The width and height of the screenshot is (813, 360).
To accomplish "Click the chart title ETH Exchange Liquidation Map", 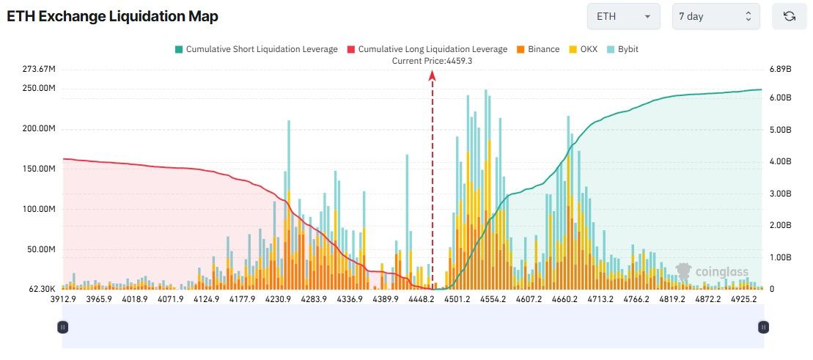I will tap(112, 16).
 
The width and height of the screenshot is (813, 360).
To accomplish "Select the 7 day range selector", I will tap(715, 16).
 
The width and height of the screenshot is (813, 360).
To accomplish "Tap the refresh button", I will tap(789, 16).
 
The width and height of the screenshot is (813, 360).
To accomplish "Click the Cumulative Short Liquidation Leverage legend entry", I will tap(256, 49).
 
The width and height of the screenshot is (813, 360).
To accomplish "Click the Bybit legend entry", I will tap(624, 49).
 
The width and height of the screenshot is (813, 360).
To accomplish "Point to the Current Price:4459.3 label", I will tap(432, 61).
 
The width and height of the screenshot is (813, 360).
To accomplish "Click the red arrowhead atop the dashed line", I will tap(433, 74).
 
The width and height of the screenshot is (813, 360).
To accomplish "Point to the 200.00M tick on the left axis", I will tap(41, 129).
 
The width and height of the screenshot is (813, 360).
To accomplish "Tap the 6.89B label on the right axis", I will tap(780, 69).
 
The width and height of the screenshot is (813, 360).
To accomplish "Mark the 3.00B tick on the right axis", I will tap(780, 194).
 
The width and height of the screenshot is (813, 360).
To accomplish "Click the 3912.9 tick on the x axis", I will tap(63, 299).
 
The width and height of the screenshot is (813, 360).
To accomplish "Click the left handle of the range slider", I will tap(63, 327).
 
